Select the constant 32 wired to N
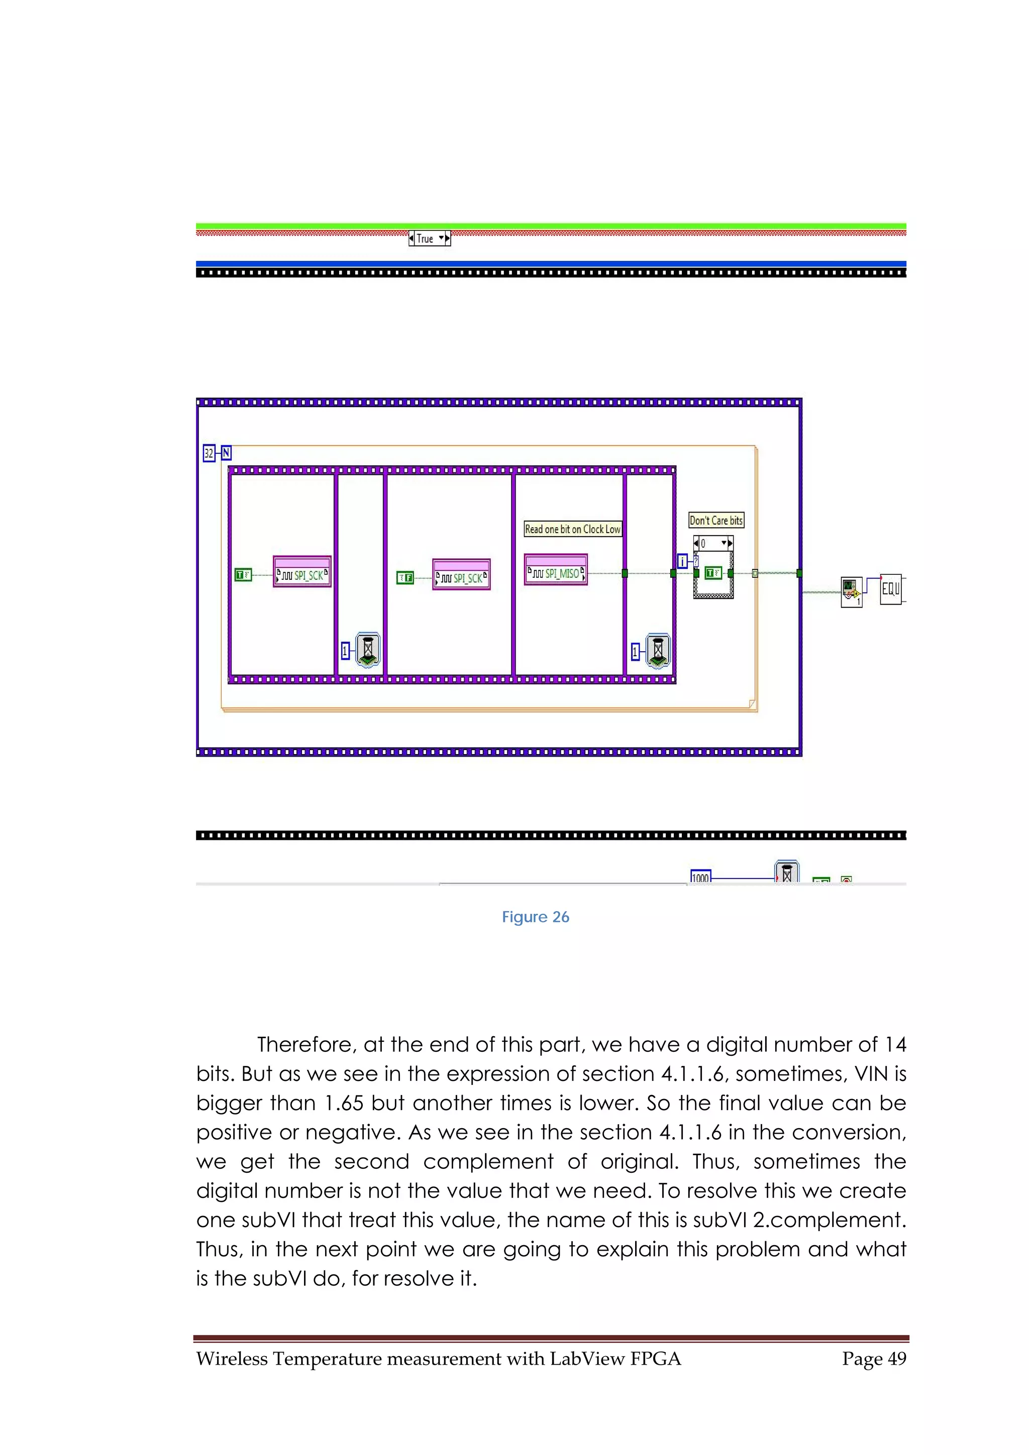tap(208, 453)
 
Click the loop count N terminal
tap(226, 453)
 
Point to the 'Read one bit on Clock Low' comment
tap(572, 529)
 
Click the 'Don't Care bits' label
tap(716, 520)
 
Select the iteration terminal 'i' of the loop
tap(682, 561)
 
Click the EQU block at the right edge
tap(890, 589)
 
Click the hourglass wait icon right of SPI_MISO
tap(658, 651)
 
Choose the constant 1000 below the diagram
tap(700, 877)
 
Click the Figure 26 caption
tap(535, 917)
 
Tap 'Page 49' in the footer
tap(874, 1358)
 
